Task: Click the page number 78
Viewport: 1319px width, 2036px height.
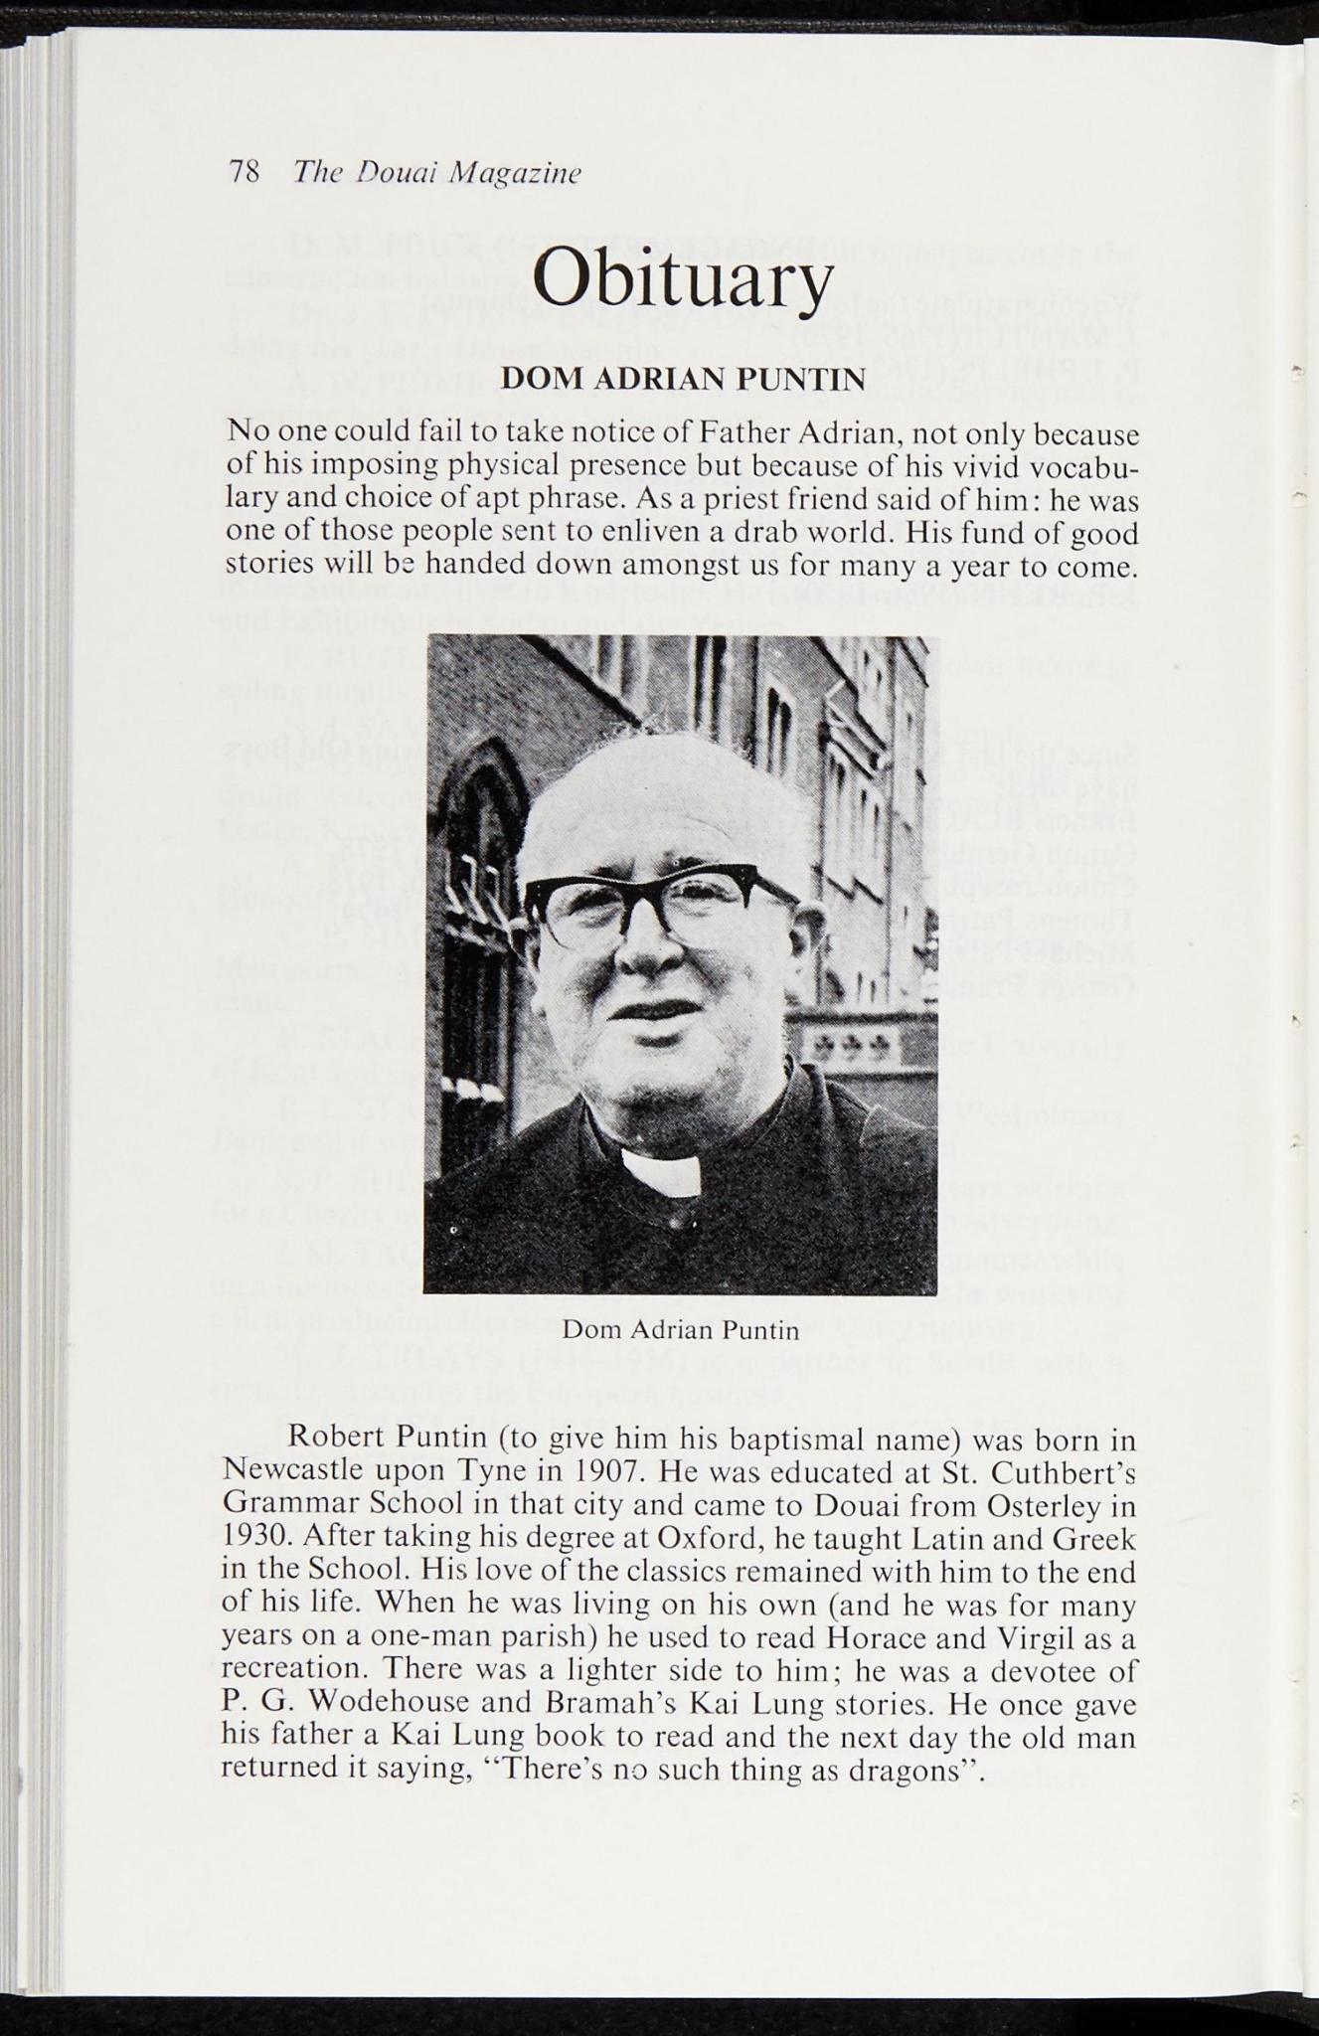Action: pyautogui.click(x=244, y=173)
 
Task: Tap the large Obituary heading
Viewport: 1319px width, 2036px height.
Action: pyautogui.click(x=681, y=279)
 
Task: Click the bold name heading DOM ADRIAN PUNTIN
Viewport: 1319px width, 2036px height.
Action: pyautogui.click(x=682, y=380)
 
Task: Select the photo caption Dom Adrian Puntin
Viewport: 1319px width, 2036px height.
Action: pyautogui.click(x=681, y=1329)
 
